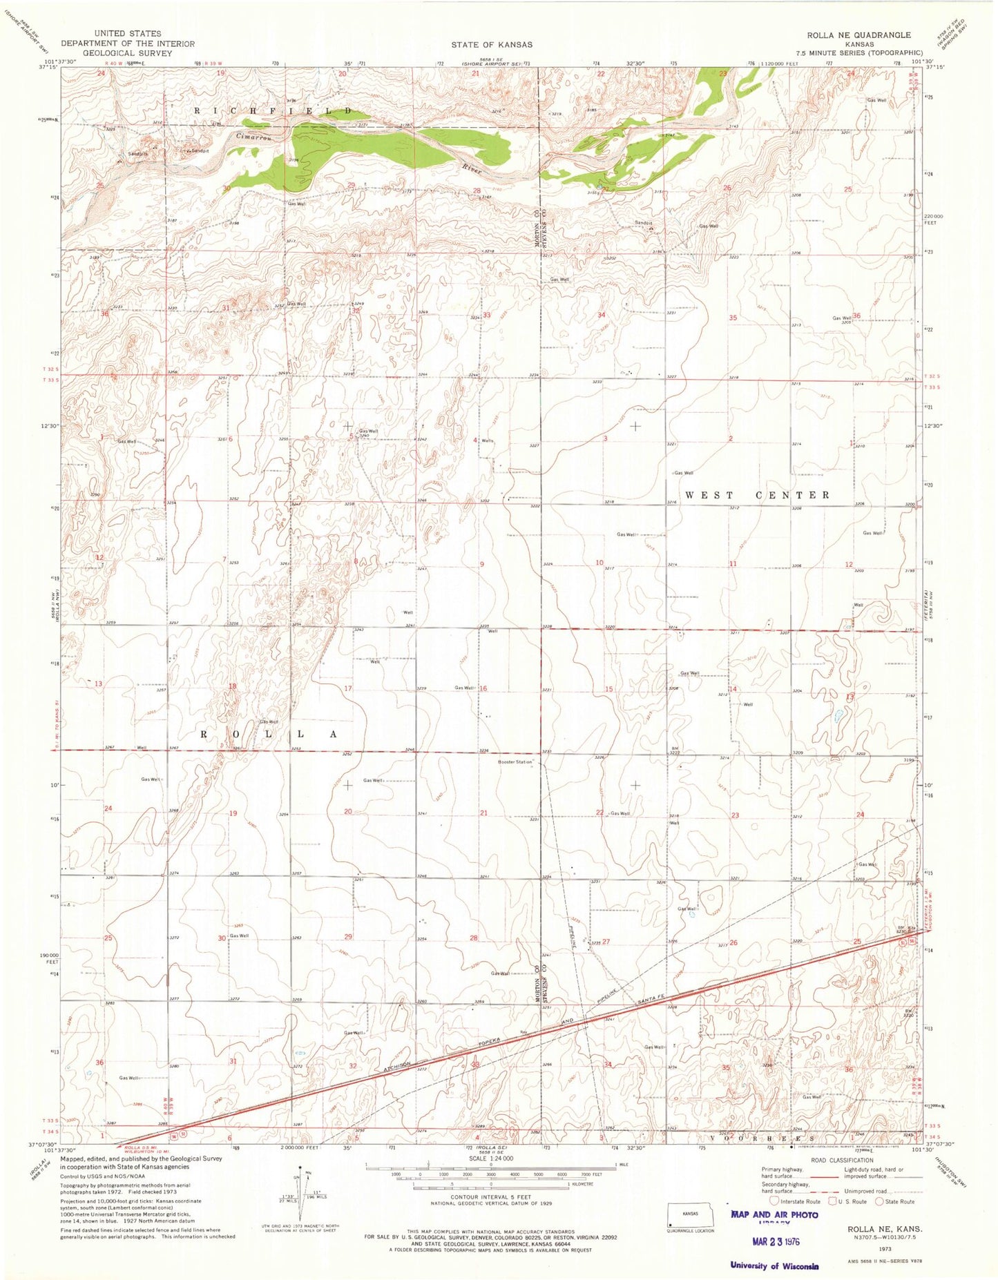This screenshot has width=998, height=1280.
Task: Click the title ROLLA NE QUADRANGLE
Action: pos(863,35)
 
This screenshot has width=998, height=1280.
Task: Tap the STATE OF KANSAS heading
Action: pos(492,44)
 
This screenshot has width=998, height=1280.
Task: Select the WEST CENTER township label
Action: pos(758,495)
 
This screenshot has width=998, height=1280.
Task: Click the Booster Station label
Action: pos(516,762)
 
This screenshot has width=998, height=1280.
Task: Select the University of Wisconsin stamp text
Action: pos(774,1266)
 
